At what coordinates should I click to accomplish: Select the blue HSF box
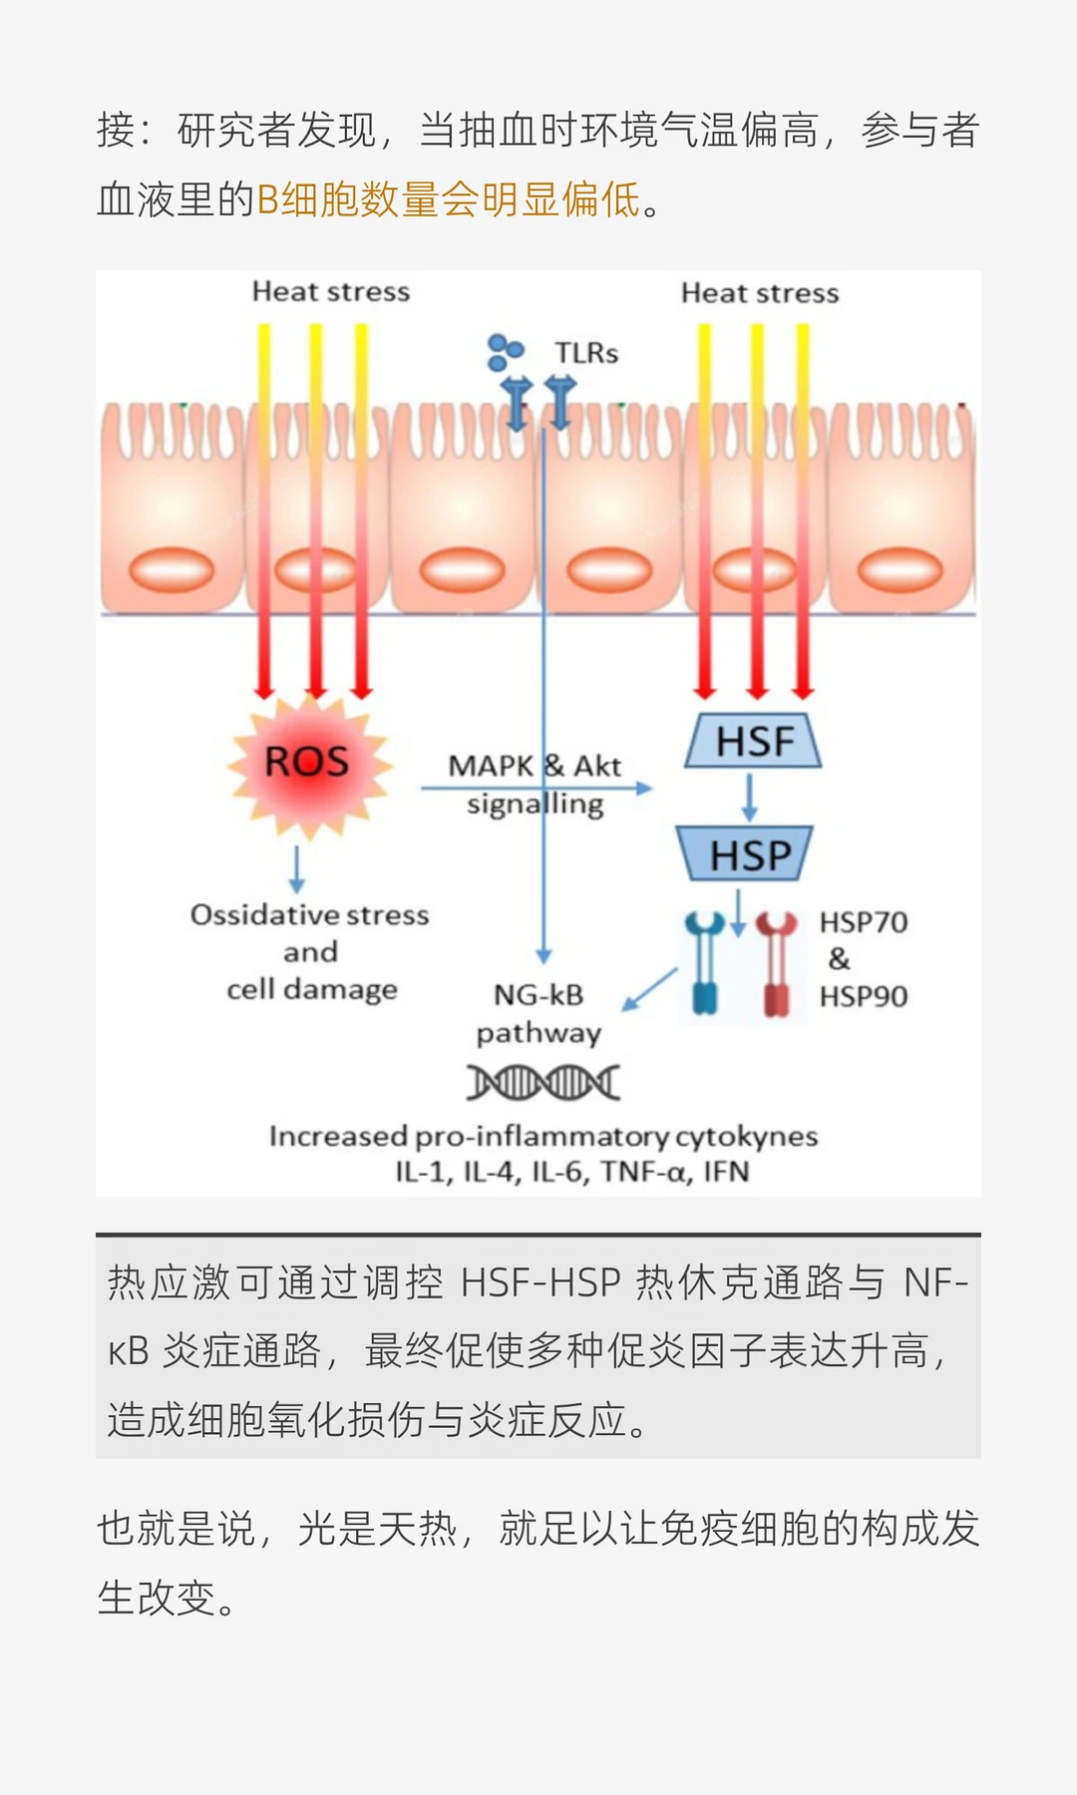[x=753, y=741]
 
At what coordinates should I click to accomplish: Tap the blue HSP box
[x=745, y=855]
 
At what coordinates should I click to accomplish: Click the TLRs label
[x=586, y=353]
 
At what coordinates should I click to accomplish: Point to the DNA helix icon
[x=543, y=1082]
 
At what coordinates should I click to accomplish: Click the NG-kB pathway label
[x=538, y=1013]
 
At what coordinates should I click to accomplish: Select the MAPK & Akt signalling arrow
[x=537, y=789]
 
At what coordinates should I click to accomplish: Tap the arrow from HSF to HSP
[x=750, y=797]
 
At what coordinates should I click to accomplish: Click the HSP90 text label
[x=864, y=996]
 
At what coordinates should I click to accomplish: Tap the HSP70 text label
[x=864, y=922]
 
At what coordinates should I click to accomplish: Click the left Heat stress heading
[x=331, y=291]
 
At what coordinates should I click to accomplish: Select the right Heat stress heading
[x=760, y=293]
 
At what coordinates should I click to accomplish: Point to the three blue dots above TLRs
[x=505, y=351]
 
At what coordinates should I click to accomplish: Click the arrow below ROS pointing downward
[x=296, y=870]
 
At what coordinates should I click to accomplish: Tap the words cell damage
[x=312, y=989]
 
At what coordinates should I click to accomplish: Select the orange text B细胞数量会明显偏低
[x=449, y=200]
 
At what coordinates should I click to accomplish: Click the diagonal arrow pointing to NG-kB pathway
[x=649, y=990]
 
